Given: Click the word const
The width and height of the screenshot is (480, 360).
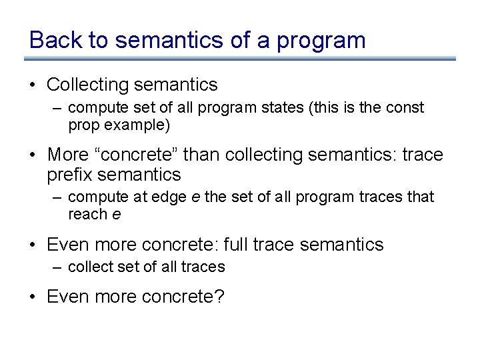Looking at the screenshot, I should [407, 107].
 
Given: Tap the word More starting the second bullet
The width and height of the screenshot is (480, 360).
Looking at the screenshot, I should [67, 155].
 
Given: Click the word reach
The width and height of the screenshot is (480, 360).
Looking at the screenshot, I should [88, 214].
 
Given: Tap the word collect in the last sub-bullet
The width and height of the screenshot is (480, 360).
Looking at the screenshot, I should [91, 267].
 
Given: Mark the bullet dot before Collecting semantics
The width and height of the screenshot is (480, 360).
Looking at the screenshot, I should [33, 85].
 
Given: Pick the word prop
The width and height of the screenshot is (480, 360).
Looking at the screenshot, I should [82, 125].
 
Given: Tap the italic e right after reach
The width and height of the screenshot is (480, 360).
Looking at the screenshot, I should [117, 215].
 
